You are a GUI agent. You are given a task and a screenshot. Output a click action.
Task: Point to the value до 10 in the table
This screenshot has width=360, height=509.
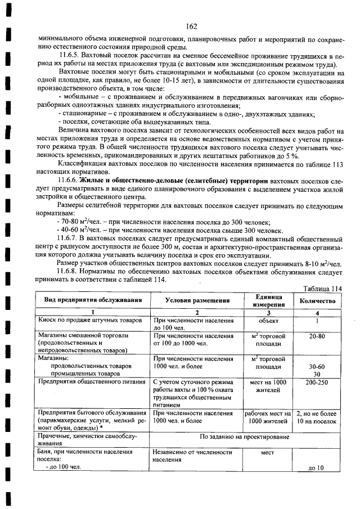317,467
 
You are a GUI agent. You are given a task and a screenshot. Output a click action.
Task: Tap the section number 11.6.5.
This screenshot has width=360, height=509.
70,57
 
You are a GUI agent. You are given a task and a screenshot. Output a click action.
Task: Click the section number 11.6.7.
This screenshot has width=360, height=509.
70,239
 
